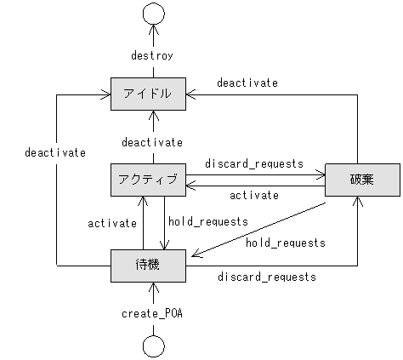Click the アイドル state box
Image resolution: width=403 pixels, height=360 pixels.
tap(149, 94)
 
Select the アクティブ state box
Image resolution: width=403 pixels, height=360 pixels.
tap(149, 179)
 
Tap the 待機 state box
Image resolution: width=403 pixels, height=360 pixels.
tap(149, 266)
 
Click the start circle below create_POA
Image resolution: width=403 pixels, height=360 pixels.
tap(153, 346)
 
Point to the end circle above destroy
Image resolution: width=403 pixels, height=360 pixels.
tap(153, 14)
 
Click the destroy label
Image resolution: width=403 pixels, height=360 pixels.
tap(153, 55)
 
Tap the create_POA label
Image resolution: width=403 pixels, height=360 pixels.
tap(153, 313)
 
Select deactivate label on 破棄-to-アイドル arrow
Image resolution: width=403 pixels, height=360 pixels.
tap(247, 83)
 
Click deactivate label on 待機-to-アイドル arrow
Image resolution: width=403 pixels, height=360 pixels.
tap(54, 152)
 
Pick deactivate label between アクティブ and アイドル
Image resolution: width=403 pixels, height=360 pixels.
tap(152, 142)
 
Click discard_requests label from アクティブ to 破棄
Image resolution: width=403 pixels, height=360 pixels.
tap(254, 163)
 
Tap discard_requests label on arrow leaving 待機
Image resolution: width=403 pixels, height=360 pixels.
tap(267, 277)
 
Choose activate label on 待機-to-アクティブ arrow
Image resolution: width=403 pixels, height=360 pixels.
tap(113, 223)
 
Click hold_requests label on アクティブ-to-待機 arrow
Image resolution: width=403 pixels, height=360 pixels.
tap(208, 221)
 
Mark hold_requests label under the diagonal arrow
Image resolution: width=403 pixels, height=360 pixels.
tap(286, 243)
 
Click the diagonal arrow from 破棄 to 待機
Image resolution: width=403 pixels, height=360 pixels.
tap(255, 228)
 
